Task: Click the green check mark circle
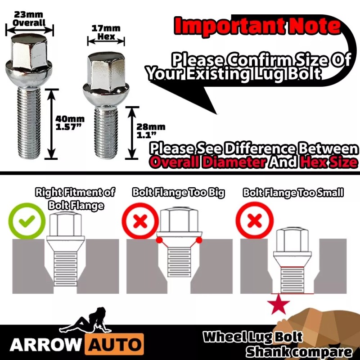(x=27, y=221)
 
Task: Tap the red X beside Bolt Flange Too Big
(x=140, y=221)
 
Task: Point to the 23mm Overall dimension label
(x=29, y=19)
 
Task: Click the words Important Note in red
(x=257, y=26)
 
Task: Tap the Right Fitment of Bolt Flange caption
(x=75, y=198)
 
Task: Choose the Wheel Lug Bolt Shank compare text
(x=270, y=344)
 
